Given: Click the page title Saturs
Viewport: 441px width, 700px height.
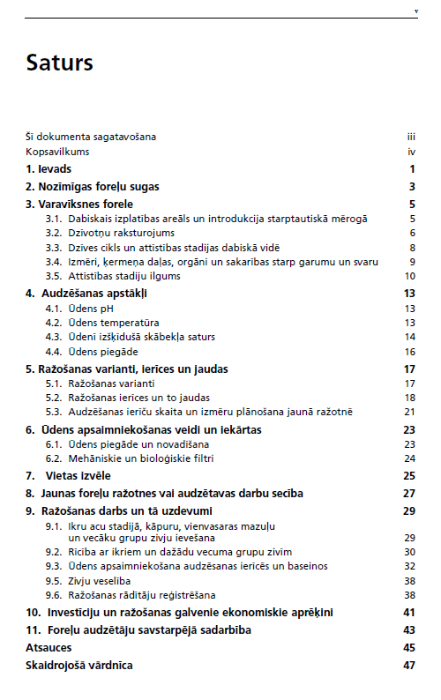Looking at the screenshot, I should (x=59, y=63).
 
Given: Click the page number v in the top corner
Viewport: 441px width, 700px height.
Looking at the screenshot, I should (x=415, y=11).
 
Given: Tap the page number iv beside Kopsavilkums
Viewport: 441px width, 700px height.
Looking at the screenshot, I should (x=411, y=152).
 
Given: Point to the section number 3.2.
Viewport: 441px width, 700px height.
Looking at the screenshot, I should (x=53, y=233).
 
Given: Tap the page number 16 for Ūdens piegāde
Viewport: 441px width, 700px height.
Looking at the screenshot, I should (x=409, y=352).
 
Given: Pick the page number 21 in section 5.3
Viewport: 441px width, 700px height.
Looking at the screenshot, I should (x=409, y=412).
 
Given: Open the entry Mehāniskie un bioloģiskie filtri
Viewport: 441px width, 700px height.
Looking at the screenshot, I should (x=141, y=458).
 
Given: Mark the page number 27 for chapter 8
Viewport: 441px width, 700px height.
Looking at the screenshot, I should (x=408, y=493).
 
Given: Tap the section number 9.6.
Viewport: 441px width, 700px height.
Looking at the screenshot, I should (x=53, y=595).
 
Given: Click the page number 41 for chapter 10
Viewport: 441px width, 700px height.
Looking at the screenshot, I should (x=408, y=612).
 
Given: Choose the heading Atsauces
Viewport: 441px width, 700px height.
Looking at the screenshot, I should (x=49, y=647).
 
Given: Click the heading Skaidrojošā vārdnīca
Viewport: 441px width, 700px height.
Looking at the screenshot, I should (x=78, y=665).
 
